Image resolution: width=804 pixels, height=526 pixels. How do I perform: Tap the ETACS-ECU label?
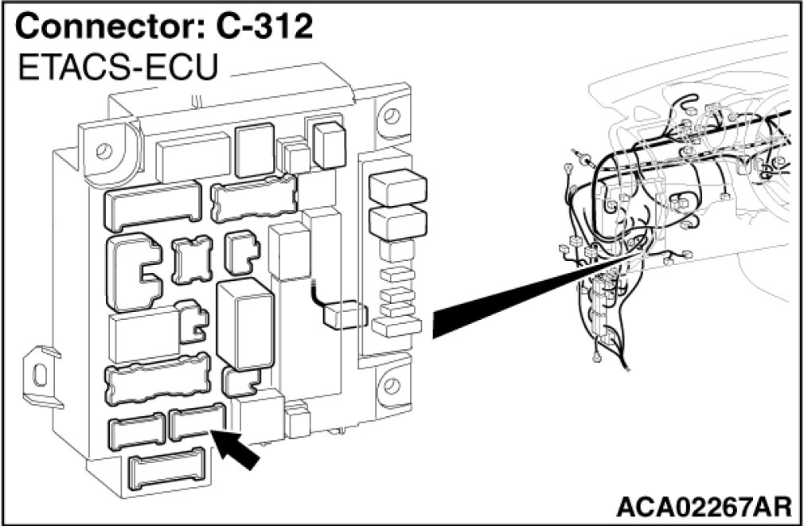coord(118,68)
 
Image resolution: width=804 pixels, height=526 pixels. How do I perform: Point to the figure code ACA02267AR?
coord(703,505)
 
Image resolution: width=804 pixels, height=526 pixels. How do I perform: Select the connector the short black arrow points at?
coord(197,423)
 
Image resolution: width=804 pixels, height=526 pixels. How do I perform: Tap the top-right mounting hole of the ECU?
coord(391,113)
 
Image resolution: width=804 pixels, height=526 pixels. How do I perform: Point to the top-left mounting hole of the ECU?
coord(101,150)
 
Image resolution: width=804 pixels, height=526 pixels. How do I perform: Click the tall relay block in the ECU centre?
coord(244,324)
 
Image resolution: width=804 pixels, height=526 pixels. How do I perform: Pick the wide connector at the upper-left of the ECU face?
coord(152,204)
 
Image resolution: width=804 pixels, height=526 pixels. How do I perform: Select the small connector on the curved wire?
coord(342,314)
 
